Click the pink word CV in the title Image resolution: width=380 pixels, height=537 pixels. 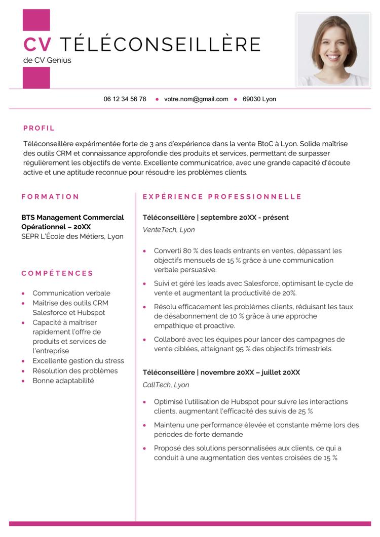(37, 45)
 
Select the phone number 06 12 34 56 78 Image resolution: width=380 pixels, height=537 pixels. (125, 99)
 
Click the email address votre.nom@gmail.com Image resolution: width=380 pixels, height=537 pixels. (196, 99)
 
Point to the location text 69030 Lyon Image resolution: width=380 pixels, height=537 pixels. (259, 99)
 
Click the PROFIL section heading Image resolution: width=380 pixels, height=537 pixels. (39, 128)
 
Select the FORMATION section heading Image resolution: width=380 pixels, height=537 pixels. (51, 196)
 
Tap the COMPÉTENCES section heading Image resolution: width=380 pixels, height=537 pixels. (57, 273)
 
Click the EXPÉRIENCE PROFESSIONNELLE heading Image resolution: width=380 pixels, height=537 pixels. (222, 196)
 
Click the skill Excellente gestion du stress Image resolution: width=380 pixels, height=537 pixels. (78, 361)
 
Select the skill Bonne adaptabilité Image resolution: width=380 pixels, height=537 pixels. (63, 380)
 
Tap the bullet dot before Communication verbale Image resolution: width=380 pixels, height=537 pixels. (23, 294)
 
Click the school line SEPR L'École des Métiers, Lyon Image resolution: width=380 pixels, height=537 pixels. (72, 236)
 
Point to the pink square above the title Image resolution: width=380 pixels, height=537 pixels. (36, 20)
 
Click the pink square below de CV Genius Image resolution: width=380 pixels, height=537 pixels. (36, 78)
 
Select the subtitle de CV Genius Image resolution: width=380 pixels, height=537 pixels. (47, 60)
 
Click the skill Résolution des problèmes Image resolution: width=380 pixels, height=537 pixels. (75, 370)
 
